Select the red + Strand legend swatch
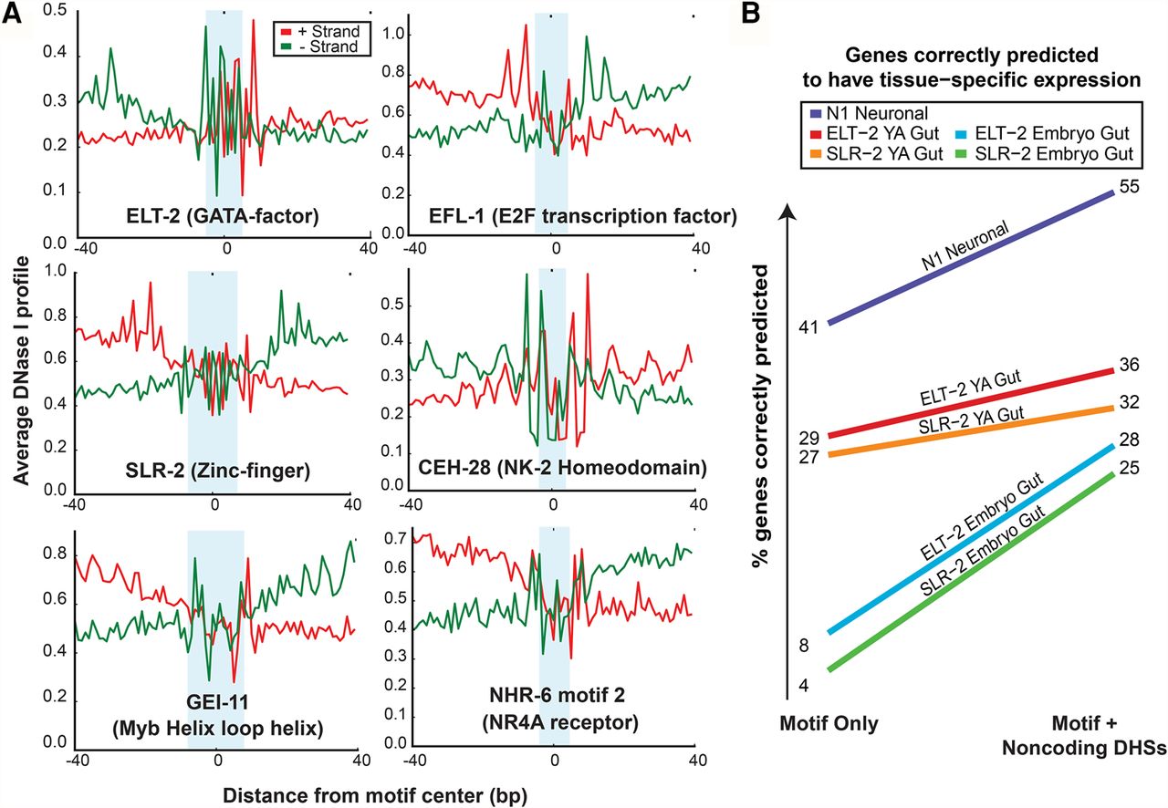[283, 32]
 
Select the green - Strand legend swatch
[283, 46]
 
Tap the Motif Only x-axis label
[829, 725]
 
